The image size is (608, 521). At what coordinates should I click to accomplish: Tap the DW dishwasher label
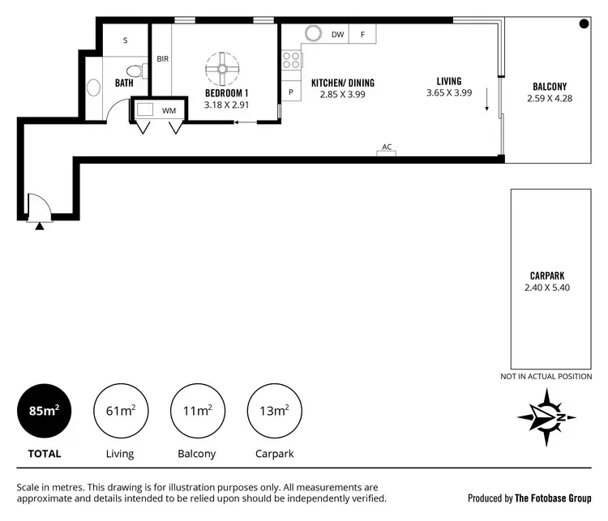click(x=338, y=34)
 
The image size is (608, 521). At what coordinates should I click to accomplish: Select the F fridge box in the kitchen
click(x=362, y=34)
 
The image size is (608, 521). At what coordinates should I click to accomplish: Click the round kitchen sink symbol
click(x=313, y=34)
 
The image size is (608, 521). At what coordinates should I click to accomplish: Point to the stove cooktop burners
click(x=291, y=60)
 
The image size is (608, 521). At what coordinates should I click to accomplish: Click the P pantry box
click(x=290, y=92)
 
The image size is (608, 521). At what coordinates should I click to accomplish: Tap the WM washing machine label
click(x=169, y=109)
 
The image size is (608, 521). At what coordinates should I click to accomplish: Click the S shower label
click(x=126, y=40)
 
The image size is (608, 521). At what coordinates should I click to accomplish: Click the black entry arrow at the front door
click(x=40, y=225)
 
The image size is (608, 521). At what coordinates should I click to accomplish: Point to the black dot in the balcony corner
click(x=584, y=25)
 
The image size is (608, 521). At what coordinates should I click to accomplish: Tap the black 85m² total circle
click(x=44, y=411)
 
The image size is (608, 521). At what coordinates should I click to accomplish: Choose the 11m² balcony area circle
click(x=197, y=411)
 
